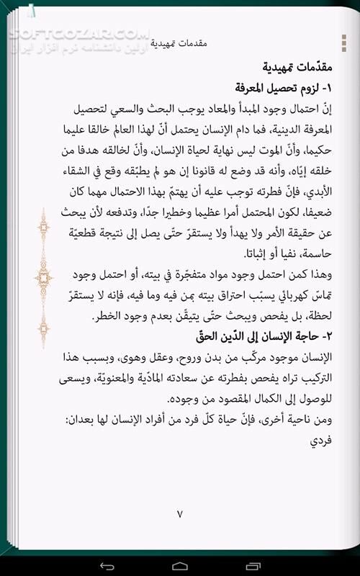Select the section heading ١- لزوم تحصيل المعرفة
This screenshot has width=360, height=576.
[278, 89]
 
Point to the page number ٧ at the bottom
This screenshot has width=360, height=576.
[180, 514]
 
